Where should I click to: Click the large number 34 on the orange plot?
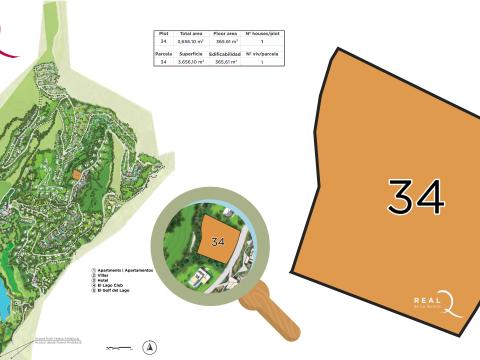click(x=415, y=197)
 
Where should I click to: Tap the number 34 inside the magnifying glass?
click(x=218, y=241)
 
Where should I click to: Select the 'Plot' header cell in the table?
click(x=163, y=34)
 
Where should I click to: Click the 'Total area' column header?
click(x=191, y=34)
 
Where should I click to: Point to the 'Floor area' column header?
click(x=225, y=34)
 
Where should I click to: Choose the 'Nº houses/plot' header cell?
click(x=261, y=34)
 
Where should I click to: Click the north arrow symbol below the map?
click(x=150, y=348)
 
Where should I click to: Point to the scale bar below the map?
click(x=118, y=349)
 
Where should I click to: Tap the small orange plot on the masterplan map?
click(x=76, y=174)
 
